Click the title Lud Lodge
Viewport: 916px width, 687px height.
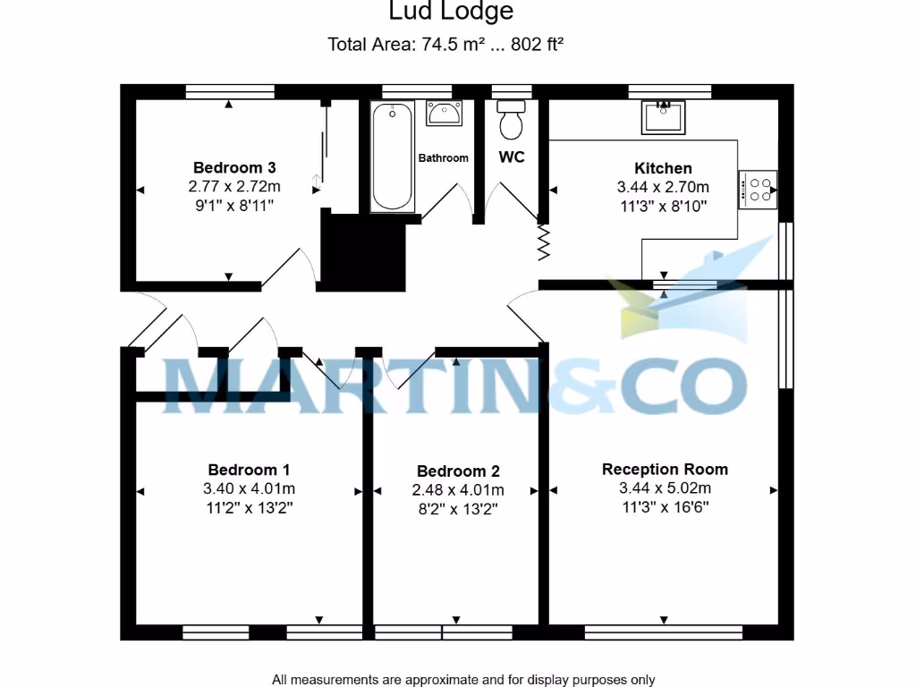pyautogui.click(x=451, y=12)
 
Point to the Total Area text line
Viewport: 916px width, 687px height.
pyautogui.click(x=445, y=44)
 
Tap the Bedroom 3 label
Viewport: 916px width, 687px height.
pyautogui.click(x=234, y=167)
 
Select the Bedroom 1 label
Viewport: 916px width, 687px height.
pyautogui.click(x=249, y=470)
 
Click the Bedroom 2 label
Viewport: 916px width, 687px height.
pyautogui.click(x=458, y=471)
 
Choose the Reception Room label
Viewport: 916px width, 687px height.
pyautogui.click(x=665, y=469)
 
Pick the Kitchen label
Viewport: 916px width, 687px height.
pyautogui.click(x=663, y=168)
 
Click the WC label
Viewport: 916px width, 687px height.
pyautogui.click(x=511, y=157)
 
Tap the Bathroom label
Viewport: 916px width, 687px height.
pyautogui.click(x=444, y=158)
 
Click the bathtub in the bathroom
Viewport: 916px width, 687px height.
pyautogui.click(x=393, y=157)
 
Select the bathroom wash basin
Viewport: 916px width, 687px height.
pyautogui.click(x=444, y=114)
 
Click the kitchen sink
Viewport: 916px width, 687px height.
pyautogui.click(x=664, y=116)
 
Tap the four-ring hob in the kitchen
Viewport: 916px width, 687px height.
pyautogui.click(x=758, y=190)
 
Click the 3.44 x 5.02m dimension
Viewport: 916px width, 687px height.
pyautogui.click(x=665, y=488)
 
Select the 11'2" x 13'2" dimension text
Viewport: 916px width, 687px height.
pyautogui.click(x=249, y=507)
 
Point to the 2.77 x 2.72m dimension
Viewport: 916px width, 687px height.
pyautogui.click(x=234, y=187)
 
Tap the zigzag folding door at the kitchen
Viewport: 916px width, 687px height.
pyautogui.click(x=541, y=242)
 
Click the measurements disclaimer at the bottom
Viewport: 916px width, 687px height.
pyautogui.click(x=463, y=679)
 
